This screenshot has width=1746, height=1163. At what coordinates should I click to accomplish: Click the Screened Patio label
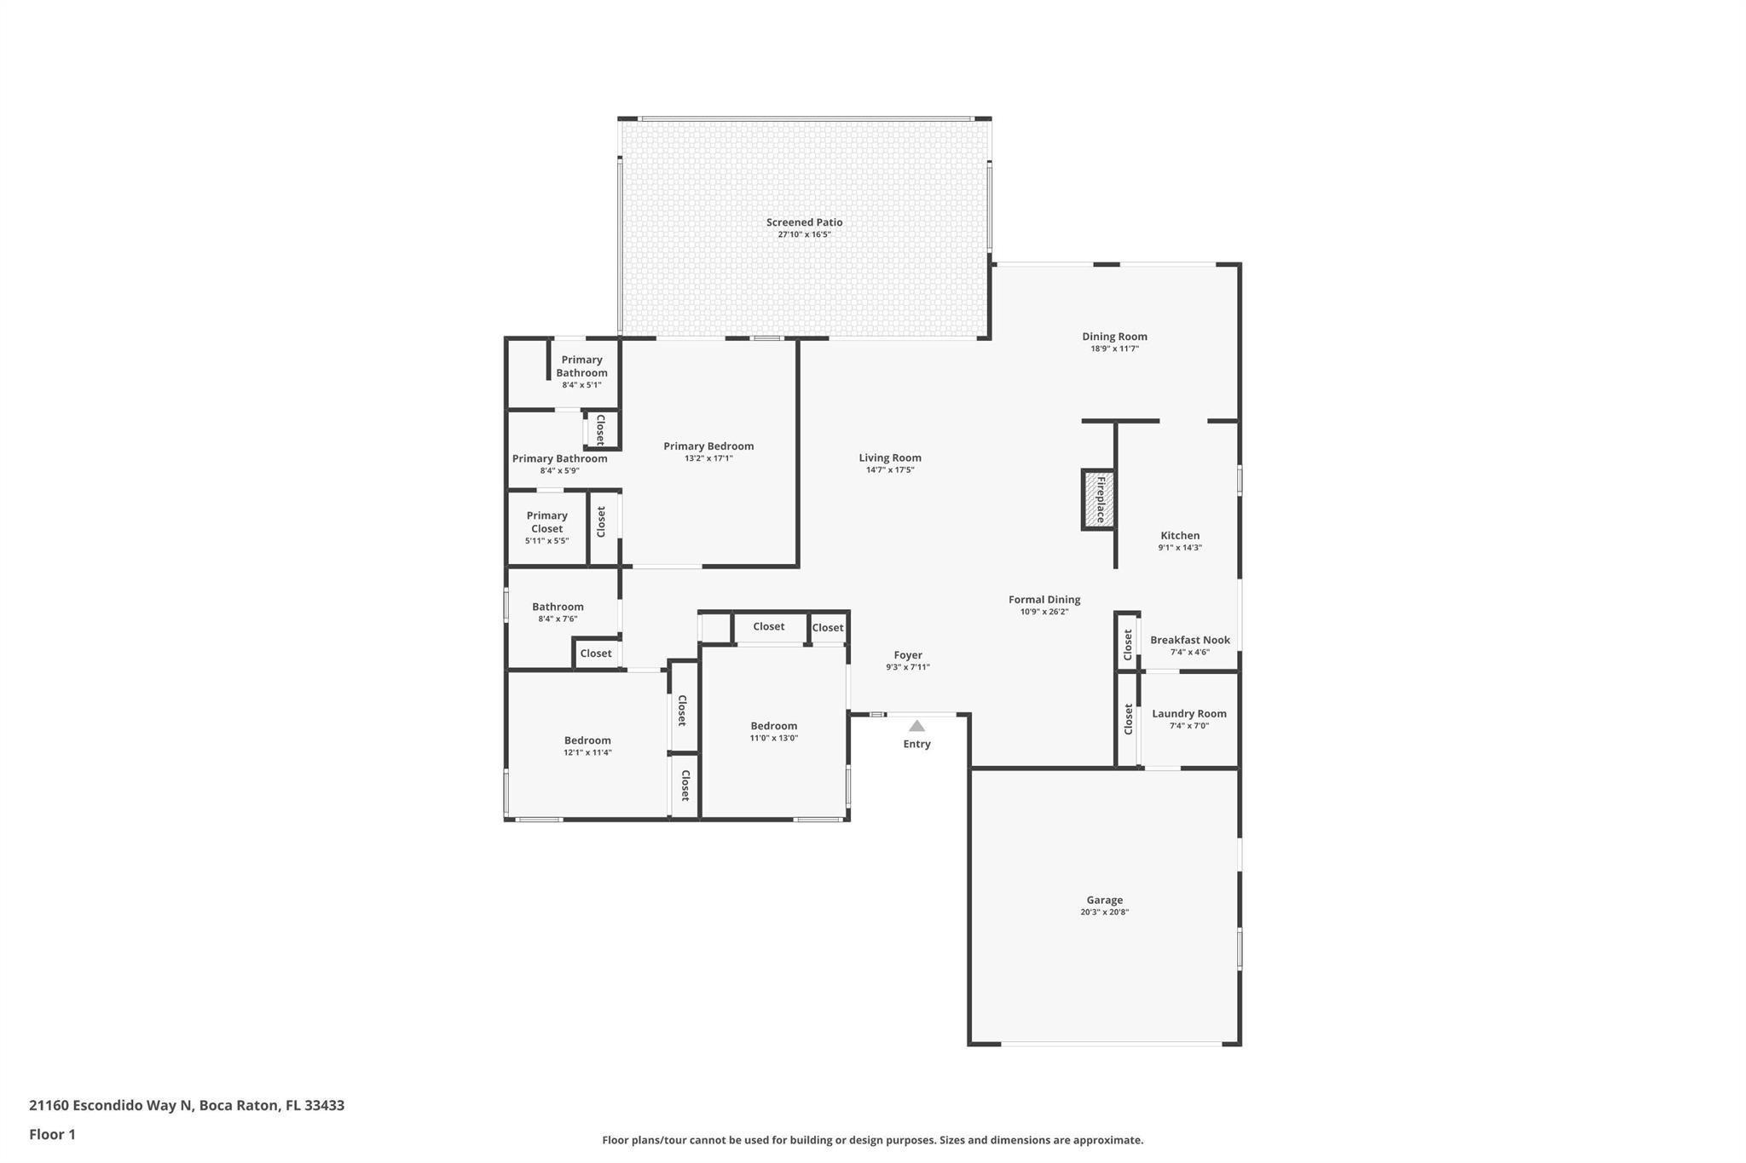(x=804, y=222)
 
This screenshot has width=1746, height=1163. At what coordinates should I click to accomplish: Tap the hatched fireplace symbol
(x=1099, y=499)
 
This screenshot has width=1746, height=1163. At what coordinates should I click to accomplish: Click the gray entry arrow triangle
(x=916, y=726)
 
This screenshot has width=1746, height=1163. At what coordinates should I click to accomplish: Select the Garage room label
(x=1104, y=900)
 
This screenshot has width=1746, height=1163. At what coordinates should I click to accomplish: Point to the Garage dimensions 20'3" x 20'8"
(x=1104, y=913)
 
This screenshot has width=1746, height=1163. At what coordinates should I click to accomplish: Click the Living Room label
(x=890, y=458)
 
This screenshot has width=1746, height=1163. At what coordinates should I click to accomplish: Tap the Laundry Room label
(x=1189, y=714)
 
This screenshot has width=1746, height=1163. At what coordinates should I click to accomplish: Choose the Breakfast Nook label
(x=1190, y=640)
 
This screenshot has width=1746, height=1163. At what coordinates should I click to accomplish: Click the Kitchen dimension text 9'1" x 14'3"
(x=1180, y=548)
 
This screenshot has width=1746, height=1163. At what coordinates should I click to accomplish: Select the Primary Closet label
(x=546, y=521)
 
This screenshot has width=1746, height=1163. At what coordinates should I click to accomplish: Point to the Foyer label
(x=908, y=655)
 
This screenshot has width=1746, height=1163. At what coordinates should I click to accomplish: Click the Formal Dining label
(x=1044, y=600)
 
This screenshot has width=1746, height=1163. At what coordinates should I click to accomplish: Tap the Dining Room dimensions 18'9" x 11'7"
(x=1115, y=348)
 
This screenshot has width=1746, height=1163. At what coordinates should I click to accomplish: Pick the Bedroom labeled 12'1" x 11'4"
(x=587, y=740)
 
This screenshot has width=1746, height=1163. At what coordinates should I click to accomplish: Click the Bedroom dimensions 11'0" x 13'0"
(x=774, y=739)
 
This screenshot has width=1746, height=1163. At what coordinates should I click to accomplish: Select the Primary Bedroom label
(x=708, y=446)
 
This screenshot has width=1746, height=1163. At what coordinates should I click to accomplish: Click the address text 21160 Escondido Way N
(x=111, y=1106)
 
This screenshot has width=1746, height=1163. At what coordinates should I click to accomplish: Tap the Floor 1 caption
(x=52, y=1135)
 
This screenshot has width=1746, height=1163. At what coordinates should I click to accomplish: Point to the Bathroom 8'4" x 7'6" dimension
(x=558, y=619)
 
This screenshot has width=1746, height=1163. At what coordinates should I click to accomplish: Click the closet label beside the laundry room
(x=1128, y=718)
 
